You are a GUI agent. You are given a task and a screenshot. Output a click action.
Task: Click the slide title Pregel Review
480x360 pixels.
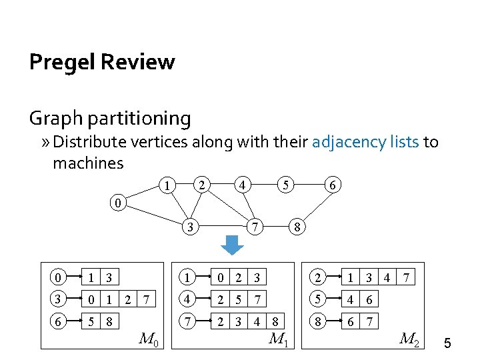click(102, 62)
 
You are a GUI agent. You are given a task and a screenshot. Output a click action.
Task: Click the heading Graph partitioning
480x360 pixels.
click(110, 118)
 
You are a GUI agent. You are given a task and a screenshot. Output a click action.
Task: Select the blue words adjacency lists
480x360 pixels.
click(366, 142)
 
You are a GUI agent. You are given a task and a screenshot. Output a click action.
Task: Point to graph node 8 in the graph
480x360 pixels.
click(299, 227)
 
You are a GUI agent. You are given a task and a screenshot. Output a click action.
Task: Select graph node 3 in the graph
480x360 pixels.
click(192, 227)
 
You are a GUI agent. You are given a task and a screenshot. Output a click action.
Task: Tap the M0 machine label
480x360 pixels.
click(149, 338)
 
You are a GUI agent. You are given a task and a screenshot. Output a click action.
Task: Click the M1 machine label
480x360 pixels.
click(278, 338)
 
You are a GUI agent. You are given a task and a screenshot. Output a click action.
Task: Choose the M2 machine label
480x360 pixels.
click(408, 338)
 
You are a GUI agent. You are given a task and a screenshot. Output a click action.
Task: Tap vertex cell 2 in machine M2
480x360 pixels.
click(319, 274)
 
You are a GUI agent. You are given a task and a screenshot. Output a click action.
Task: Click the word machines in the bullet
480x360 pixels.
click(88, 163)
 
